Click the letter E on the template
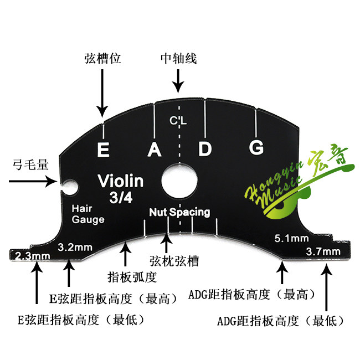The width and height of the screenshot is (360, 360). coord(102,150)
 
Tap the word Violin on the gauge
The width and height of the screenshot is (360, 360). coord(120,181)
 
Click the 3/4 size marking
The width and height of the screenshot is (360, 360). coord(120,197)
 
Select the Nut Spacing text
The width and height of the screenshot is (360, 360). coord(179,212)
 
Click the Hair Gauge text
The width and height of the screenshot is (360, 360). coord(88,214)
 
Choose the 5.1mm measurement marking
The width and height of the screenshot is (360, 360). coord(291,239)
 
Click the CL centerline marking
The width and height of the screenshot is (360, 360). coord(178,121)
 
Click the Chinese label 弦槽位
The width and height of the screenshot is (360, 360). coord(102,58)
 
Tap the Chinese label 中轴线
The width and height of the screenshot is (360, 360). coord(178,58)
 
